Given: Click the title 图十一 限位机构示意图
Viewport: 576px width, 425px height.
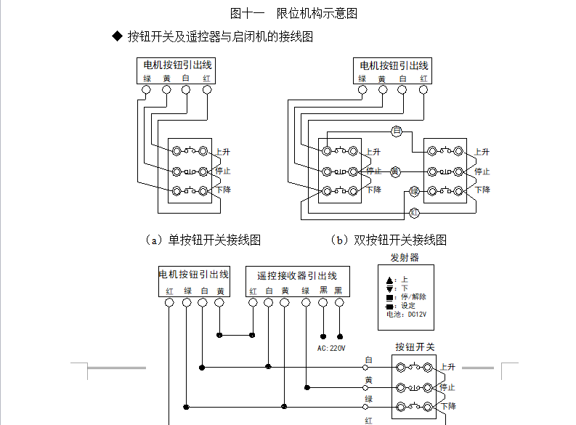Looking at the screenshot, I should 293,13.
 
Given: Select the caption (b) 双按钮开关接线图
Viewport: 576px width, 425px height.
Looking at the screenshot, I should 388,239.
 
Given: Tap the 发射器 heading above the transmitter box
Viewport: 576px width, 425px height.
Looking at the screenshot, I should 405,257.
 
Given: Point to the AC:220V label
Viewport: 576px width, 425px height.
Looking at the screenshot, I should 332,347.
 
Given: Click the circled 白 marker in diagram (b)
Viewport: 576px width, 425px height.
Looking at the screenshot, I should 397,131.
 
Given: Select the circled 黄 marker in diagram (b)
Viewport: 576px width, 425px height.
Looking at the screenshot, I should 395,171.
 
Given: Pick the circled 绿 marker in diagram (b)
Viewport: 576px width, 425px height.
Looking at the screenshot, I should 414,191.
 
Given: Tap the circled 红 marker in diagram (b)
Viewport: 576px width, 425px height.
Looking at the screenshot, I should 414,212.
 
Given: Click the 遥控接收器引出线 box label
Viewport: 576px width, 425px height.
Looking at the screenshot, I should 297,276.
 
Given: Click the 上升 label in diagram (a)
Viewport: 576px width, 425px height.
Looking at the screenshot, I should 223,152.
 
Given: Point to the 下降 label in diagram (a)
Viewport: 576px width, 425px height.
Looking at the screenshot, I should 223,190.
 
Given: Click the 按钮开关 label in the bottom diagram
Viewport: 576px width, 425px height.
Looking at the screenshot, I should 415,347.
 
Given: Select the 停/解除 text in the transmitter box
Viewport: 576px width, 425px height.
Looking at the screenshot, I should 411,296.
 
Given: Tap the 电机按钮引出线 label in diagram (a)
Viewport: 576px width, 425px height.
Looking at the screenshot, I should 178,65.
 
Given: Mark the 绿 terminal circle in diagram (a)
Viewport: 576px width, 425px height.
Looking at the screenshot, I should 146,90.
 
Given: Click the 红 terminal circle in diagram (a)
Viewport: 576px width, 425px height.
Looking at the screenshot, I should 207,90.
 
